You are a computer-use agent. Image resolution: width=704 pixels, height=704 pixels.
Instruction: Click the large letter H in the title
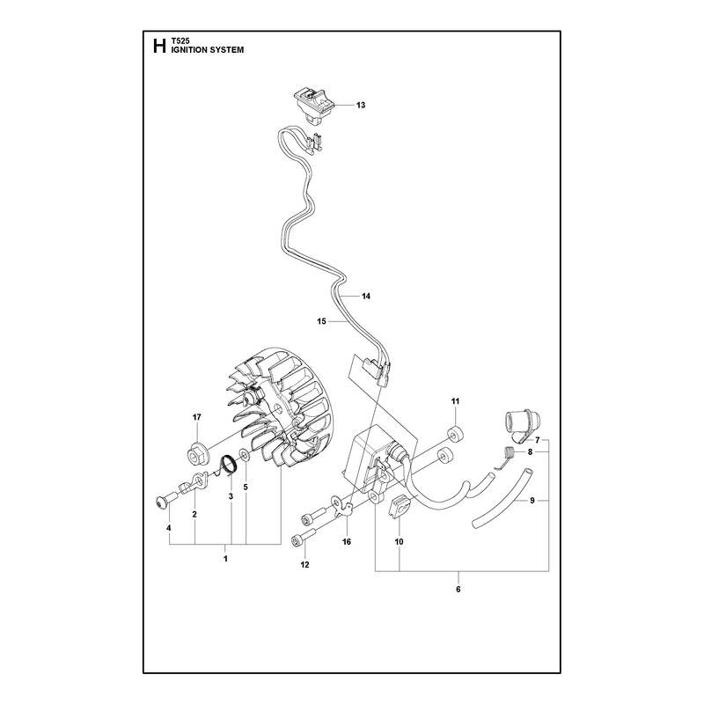pos(159,47)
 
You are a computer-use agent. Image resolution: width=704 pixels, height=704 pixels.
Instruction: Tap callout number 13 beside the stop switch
pos(361,105)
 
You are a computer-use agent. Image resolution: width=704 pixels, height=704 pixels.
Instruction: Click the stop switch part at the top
pos(313,106)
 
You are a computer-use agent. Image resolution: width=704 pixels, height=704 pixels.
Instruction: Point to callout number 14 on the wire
pos(366,296)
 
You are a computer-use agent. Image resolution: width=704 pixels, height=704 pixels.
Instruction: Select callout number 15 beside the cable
pos(321,321)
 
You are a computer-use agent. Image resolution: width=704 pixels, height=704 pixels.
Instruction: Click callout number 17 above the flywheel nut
pos(196,417)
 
